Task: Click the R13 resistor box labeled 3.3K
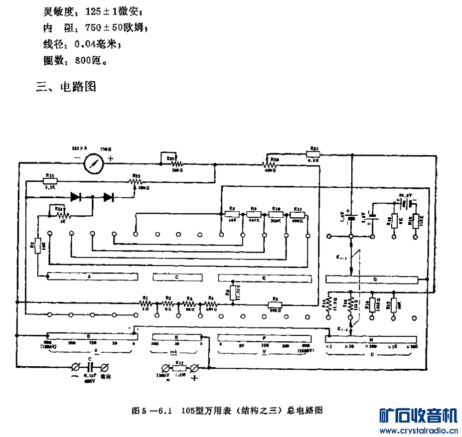click(x=50, y=182)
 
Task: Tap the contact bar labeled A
click(x=89, y=276)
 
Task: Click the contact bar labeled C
click(x=176, y=276)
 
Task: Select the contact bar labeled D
click(x=176, y=337)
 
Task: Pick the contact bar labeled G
click(x=373, y=279)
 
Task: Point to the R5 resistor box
click(x=275, y=304)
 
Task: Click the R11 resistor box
click(x=298, y=214)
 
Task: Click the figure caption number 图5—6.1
click(x=152, y=411)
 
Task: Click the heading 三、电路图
click(x=66, y=87)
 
